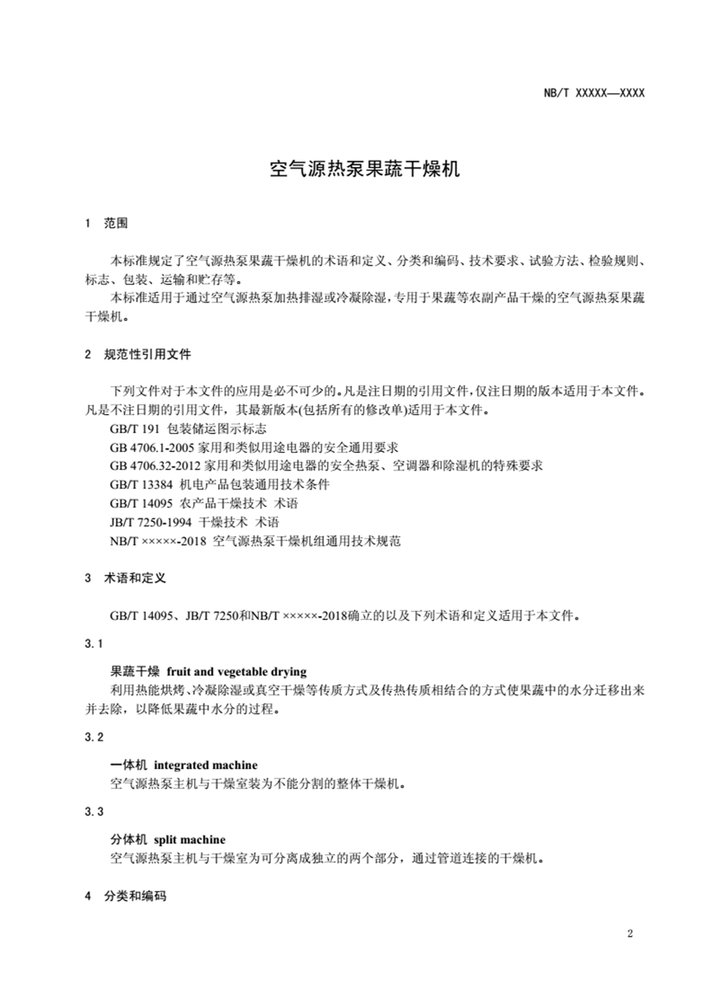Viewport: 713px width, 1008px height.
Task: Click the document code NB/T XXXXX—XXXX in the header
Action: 594,93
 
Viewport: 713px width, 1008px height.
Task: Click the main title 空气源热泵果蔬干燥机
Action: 364,169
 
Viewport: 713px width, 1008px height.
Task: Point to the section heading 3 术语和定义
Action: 124,578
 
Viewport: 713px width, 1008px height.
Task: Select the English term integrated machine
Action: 205,765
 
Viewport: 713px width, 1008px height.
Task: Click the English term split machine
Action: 189,839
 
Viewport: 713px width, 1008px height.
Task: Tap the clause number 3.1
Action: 93,644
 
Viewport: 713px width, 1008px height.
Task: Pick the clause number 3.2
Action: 93,737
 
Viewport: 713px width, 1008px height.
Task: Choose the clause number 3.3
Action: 93,812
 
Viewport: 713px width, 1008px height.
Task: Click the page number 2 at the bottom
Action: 630,934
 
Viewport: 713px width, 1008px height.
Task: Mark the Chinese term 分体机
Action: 126,839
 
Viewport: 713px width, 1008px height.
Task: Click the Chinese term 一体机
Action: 126,765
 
